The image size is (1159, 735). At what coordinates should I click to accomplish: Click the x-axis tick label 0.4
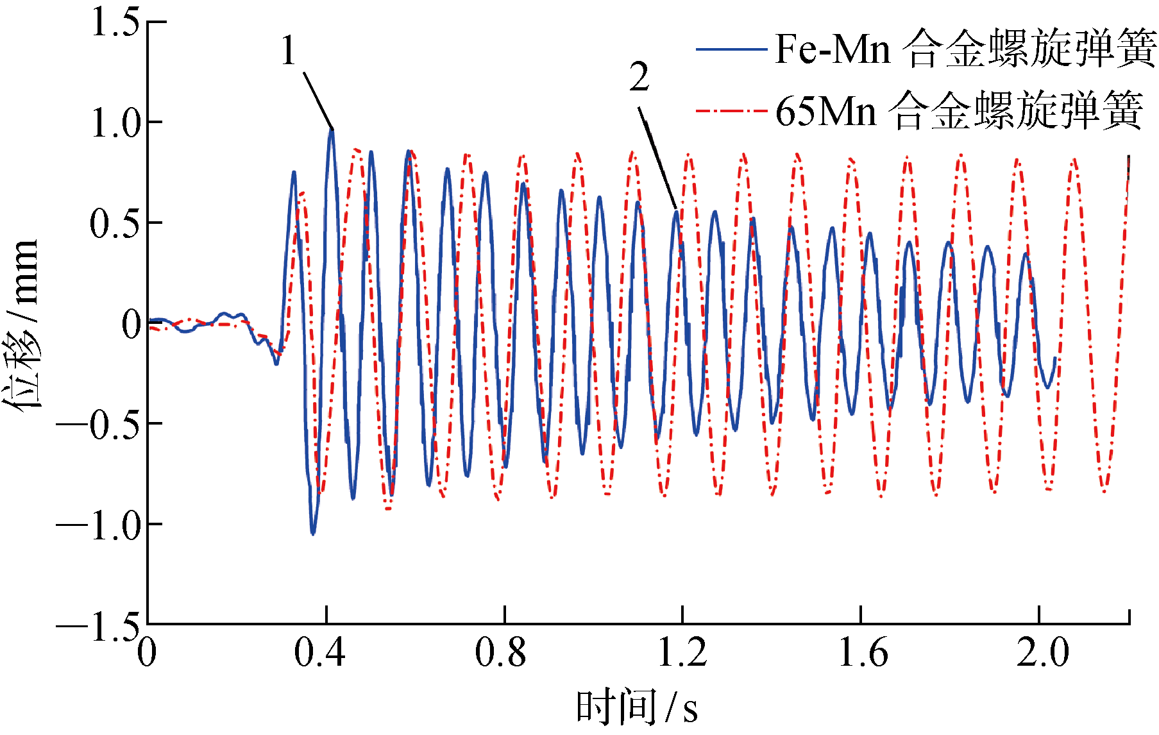[x=319, y=652]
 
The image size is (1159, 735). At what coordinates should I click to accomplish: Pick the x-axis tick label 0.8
[x=500, y=652]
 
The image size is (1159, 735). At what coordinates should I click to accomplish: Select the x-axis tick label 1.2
[x=682, y=652]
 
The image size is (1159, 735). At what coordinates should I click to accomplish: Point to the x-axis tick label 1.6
[x=863, y=652]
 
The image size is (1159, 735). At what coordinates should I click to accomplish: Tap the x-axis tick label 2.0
[x=1043, y=652]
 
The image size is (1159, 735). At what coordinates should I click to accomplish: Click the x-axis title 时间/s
[x=636, y=707]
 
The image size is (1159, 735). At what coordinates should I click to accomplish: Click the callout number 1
[x=289, y=50]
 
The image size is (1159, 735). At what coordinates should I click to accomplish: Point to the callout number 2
[x=639, y=78]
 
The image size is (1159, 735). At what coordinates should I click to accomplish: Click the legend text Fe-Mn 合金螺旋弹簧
[x=965, y=49]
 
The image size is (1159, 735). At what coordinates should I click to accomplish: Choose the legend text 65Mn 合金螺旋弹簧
[x=958, y=110]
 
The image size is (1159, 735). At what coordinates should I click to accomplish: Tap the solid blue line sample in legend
[x=731, y=49]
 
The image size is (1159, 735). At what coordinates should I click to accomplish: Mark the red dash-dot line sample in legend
[x=731, y=111]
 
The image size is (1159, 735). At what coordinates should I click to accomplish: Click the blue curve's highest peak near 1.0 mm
[x=331, y=131]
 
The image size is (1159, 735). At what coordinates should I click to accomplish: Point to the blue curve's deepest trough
[x=313, y=532]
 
